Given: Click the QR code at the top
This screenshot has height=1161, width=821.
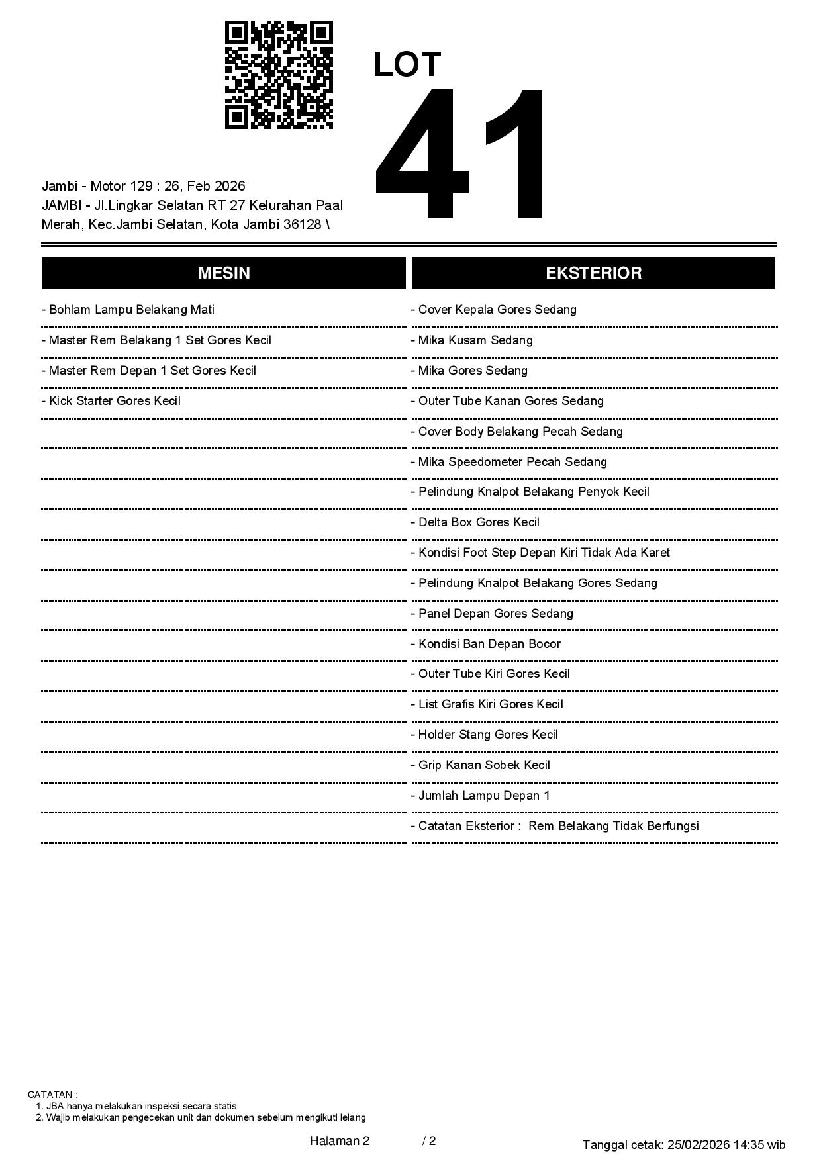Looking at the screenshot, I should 279,75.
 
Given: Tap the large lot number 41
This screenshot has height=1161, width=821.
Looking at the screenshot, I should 461,154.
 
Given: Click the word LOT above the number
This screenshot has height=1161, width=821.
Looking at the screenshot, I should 407,65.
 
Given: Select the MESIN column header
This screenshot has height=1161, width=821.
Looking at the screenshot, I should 224,273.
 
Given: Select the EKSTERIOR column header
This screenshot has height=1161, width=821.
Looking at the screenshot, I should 593,273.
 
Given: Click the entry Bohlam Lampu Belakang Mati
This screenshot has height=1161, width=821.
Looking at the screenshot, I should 128,310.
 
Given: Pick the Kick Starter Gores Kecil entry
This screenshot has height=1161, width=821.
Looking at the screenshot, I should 111,401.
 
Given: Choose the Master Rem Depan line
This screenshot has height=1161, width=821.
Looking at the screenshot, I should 148,371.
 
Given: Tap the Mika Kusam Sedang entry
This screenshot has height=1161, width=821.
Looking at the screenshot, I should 471,340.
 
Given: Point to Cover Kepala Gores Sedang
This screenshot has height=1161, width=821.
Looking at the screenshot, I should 493,310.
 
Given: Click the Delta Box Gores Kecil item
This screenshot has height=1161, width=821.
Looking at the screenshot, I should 475,522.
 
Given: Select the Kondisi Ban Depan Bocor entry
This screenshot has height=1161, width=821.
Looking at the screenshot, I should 485,644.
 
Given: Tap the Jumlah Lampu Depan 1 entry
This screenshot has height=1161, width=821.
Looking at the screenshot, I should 480,796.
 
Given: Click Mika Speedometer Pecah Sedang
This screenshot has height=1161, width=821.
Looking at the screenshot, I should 508,462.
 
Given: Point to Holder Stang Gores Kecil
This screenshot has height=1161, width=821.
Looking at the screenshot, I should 484,735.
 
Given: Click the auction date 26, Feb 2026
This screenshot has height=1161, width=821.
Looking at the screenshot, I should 205,186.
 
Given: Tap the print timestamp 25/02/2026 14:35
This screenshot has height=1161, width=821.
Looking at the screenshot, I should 716,1144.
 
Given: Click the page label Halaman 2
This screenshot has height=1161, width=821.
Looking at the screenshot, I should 340,1140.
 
